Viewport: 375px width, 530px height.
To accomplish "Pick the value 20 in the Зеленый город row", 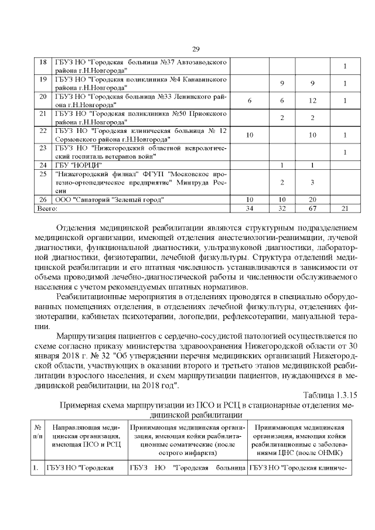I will pos(312,200).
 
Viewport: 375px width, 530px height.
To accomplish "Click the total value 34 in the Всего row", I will pos(249,208).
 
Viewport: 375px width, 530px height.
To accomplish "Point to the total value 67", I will pos(312,208).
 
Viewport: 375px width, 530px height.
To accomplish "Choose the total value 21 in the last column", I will pos(345,208).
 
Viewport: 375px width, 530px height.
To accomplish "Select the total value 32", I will pos(282,208).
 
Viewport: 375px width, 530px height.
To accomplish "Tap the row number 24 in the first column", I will pos(43,166).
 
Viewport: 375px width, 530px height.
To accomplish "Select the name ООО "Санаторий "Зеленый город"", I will pos(109,200).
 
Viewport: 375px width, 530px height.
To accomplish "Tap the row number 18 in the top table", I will pos(43,61).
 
